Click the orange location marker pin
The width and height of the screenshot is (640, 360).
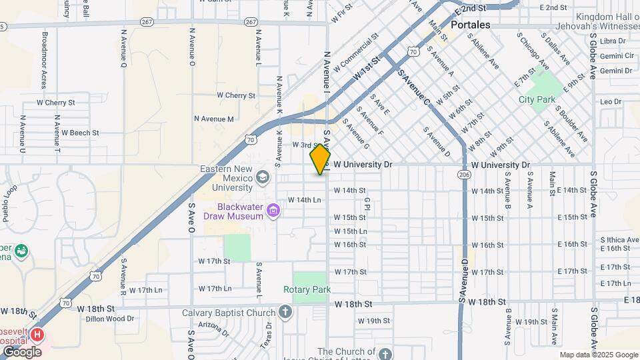point(321,159)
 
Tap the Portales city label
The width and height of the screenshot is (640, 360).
point(470,25)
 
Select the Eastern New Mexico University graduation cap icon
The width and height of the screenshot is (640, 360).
point(263,177)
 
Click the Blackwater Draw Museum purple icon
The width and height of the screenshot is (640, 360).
point(272,212)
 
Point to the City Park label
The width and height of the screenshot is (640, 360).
point(537,99)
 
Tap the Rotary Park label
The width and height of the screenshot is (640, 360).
point(307,289)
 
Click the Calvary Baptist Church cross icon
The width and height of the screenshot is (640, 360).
point(285,312)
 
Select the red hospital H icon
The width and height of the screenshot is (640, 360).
point(38,334)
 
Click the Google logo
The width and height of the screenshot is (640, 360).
point(22,351)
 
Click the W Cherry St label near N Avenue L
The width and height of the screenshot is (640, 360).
point(235,95)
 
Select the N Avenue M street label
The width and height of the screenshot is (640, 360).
point(214,119)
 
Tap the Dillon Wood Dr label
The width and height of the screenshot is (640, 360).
point(110,319)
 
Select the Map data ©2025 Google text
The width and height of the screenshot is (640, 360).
point(598,355)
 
